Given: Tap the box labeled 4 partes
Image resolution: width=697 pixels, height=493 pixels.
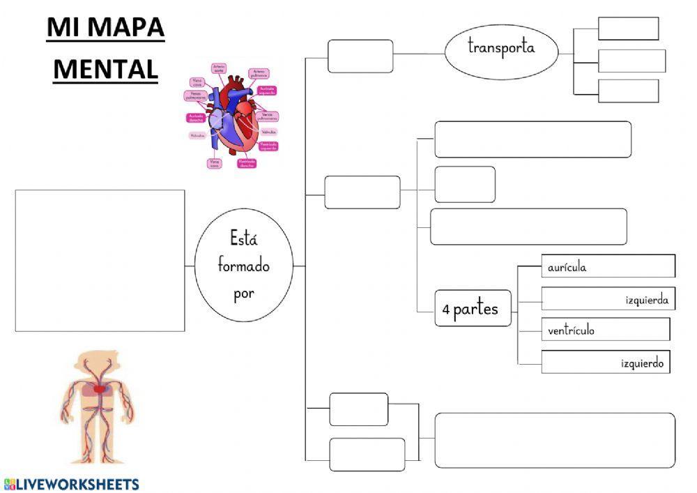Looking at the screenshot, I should [472, 308].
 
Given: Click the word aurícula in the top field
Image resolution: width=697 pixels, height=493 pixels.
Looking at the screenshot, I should [567, 267].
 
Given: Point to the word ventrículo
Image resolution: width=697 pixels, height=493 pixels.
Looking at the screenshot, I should [571, 331].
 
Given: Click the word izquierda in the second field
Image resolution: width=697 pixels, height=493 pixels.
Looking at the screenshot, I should [646, 301].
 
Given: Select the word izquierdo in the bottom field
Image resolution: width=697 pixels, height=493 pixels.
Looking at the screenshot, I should [642, 363].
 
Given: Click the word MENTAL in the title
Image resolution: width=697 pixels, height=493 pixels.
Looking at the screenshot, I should [105, 68].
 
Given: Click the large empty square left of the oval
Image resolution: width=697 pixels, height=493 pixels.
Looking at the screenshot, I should [100, 260].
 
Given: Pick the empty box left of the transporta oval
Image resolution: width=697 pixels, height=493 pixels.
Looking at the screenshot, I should [360, 56].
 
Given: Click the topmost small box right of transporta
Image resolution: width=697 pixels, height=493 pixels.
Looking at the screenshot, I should [628, 29].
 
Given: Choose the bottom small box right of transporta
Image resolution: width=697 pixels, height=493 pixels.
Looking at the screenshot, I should [628, 91].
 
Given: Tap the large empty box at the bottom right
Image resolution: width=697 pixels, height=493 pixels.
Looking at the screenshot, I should [555, 440].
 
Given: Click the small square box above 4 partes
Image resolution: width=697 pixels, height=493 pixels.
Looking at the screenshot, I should [464, 184].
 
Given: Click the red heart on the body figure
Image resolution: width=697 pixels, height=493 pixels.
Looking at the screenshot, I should [100, 387].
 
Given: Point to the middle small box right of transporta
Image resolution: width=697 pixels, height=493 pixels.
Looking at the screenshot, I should [631, 61].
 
